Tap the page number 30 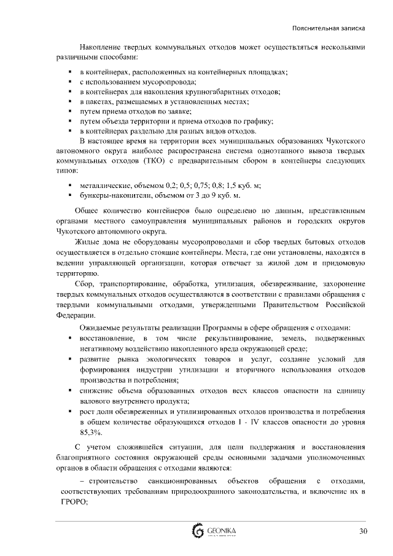pos(362,531)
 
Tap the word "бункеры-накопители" pos(109,195)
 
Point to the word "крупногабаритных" pos(209,92)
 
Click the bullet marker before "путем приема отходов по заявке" pos(71,112)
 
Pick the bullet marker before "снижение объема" pos(71,390)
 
